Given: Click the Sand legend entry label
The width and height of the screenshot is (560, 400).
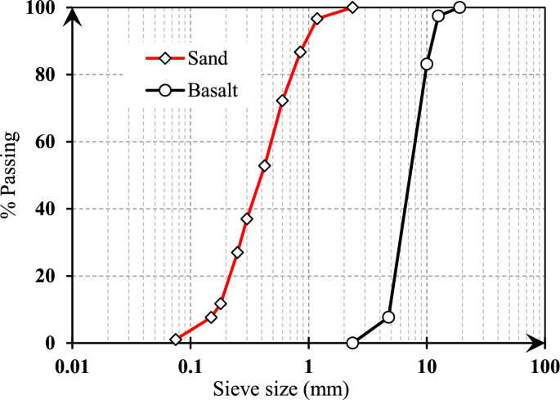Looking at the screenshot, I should point(208,58).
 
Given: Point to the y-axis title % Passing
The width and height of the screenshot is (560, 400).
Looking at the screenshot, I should point(11,175).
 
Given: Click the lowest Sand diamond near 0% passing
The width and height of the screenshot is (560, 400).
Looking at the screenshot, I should point(176,339).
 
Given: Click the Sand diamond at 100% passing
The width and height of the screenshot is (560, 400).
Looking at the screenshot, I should point(352,7).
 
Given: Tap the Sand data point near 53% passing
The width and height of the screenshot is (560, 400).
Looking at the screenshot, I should point(264,165).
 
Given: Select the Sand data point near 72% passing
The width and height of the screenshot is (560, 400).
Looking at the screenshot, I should point(283,101).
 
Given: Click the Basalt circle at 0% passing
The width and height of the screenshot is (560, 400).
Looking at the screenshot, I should point(352,343).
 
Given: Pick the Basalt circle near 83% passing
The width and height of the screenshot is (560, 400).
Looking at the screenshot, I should point(427,64).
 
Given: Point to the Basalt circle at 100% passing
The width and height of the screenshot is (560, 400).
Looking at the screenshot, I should point(459,7).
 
